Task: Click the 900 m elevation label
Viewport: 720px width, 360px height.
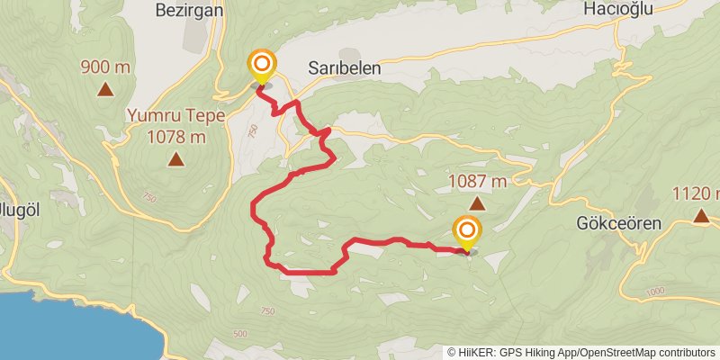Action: pos(105,67)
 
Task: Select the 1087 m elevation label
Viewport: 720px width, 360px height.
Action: pos(478,182)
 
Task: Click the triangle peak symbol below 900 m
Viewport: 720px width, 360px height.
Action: pos(106,89)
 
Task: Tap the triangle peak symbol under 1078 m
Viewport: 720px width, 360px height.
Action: pos(175,160)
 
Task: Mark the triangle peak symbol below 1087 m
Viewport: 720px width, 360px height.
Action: pos(477,204)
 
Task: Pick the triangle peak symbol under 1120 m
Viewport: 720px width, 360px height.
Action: pos(701,215)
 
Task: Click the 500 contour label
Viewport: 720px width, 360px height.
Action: pos(239,334)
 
